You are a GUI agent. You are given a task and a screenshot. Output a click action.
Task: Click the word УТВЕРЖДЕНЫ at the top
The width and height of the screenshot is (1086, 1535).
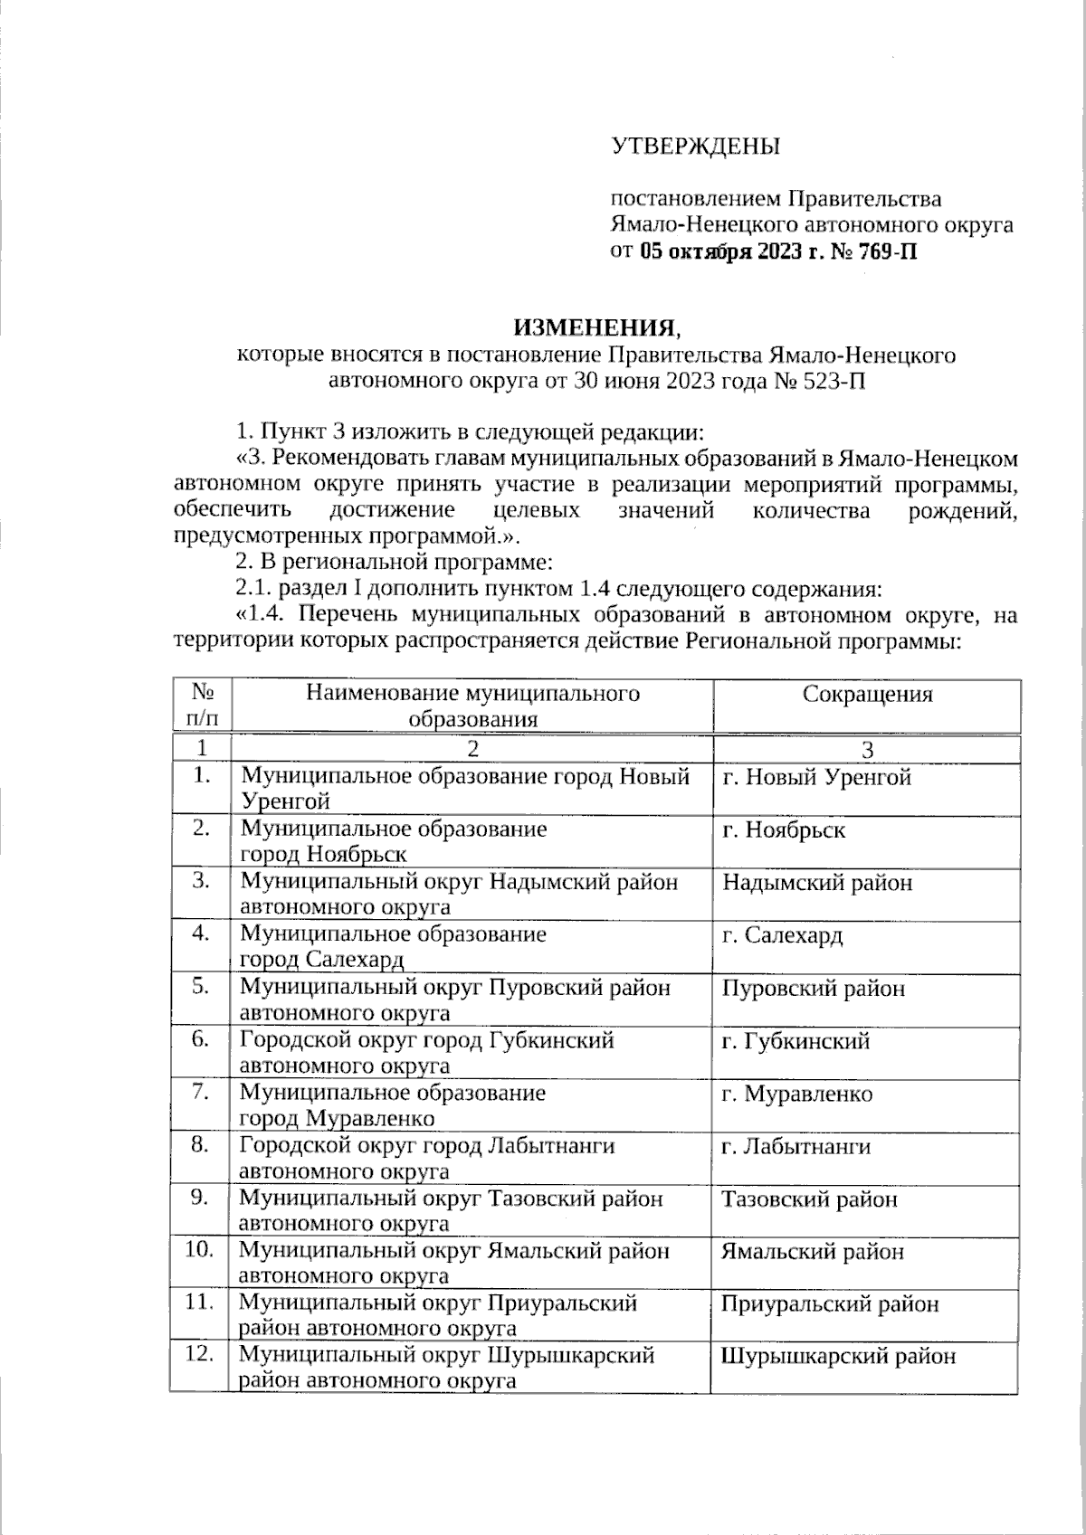(695, 146)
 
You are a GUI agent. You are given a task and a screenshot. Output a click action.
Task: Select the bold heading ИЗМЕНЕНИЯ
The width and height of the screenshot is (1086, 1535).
(594, 327)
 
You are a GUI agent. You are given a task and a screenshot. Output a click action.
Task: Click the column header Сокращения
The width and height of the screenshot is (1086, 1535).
(867, 694)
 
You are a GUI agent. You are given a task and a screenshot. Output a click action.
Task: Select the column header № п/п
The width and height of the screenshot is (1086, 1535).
(203, 706)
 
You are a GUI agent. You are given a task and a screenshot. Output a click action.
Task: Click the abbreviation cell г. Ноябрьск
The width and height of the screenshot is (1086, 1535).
(784, 829)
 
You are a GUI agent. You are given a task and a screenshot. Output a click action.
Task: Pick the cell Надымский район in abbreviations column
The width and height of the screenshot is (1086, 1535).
(817, 882)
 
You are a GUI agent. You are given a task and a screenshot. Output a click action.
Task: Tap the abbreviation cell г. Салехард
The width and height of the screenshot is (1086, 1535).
(782, 934)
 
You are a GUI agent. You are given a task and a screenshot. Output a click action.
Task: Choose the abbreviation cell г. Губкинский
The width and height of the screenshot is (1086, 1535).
(795, 1040)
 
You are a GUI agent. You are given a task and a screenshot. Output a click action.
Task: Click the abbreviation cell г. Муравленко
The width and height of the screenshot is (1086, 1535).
(796, 1094)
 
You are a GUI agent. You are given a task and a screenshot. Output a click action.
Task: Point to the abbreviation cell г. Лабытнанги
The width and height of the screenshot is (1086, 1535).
(795, 1146)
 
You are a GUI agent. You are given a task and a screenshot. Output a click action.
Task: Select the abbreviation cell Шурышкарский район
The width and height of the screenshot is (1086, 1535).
(838, 1356)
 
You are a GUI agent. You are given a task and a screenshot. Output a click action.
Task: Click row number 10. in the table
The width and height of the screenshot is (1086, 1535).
(200, 1250)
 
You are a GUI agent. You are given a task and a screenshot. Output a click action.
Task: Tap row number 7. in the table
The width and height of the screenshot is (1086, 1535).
(202, 1093)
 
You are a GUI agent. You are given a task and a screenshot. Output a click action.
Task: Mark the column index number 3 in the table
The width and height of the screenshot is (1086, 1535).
(867, 750)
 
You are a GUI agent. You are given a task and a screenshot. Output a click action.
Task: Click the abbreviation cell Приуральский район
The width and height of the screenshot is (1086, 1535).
(830, 1303)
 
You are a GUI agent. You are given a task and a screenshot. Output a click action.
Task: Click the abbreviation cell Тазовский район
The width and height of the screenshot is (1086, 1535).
(810, 1199)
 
